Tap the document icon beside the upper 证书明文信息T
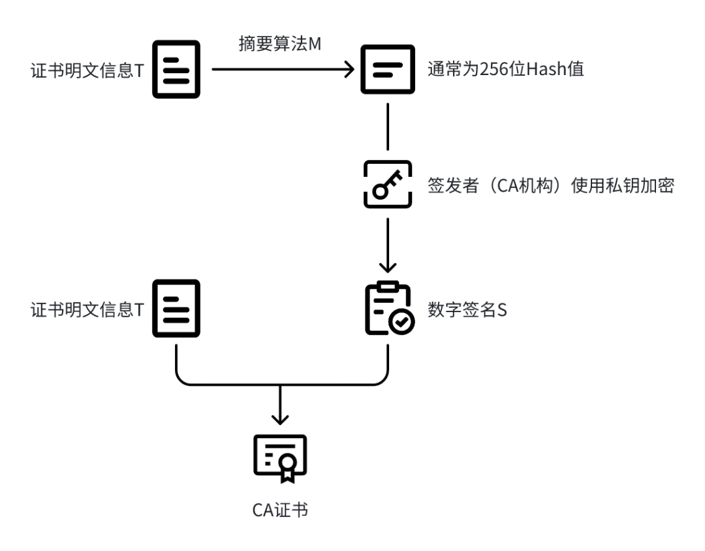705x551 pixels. click(176, 69)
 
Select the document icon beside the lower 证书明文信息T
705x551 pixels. click(176, 309)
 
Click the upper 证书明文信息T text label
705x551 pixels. click(87, 71)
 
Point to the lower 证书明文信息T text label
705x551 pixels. click(87, 310)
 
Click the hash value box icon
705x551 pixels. click(388, 70)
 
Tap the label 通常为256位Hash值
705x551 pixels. click(505, 70)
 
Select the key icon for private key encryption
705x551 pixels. click(388, 185)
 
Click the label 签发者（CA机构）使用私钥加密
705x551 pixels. click(550, 185)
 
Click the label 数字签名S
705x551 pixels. click(467, 309)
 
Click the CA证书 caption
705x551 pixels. click(280, 509)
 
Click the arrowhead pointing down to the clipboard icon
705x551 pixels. click(388, 268)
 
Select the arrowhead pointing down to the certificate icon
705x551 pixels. click(280, 418)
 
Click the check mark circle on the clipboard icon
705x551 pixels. click(400, 322)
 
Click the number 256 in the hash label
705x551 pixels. click(485, 70)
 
